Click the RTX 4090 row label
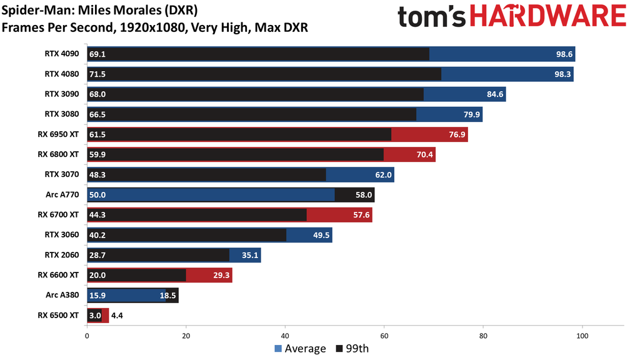click(61, 54)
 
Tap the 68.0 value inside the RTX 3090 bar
click(97, 94)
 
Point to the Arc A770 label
click(62, 194)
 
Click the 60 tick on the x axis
click(384, 336)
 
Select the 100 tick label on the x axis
click(582, 336)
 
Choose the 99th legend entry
click(352, 349)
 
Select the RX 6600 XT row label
click(58, 275)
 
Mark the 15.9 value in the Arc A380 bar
click(97, 295)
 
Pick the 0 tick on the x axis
click(87, 336)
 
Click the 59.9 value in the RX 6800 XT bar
click(97, 154)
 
